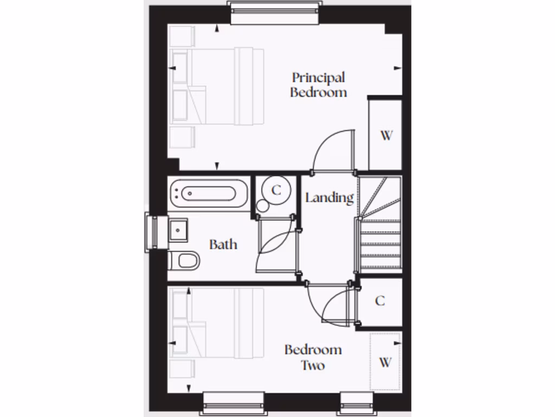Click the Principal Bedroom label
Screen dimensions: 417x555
coord(318,85)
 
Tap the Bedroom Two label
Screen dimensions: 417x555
coord(313,357)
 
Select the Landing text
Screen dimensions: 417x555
coord(329,198)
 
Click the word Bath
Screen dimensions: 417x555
coord(223,244)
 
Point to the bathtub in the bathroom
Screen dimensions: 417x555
coord(209,193)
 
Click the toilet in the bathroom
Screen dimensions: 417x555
coord(185,261)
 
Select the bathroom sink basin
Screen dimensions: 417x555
coord(178,230)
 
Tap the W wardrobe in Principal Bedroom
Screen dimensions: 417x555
coord(385,135)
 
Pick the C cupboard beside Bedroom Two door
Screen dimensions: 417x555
coord(380,301)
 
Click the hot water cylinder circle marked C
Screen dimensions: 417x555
coord(276,190)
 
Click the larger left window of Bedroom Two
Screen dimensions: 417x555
coord(234,403)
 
